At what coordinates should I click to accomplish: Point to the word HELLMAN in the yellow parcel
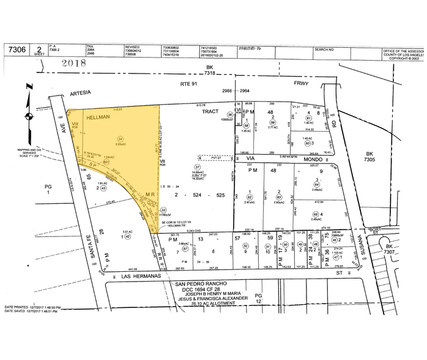(98, 116)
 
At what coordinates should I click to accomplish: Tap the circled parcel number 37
(197, 167)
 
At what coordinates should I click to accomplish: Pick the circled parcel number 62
(249, 197)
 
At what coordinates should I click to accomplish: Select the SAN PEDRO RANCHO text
(202, 284)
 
